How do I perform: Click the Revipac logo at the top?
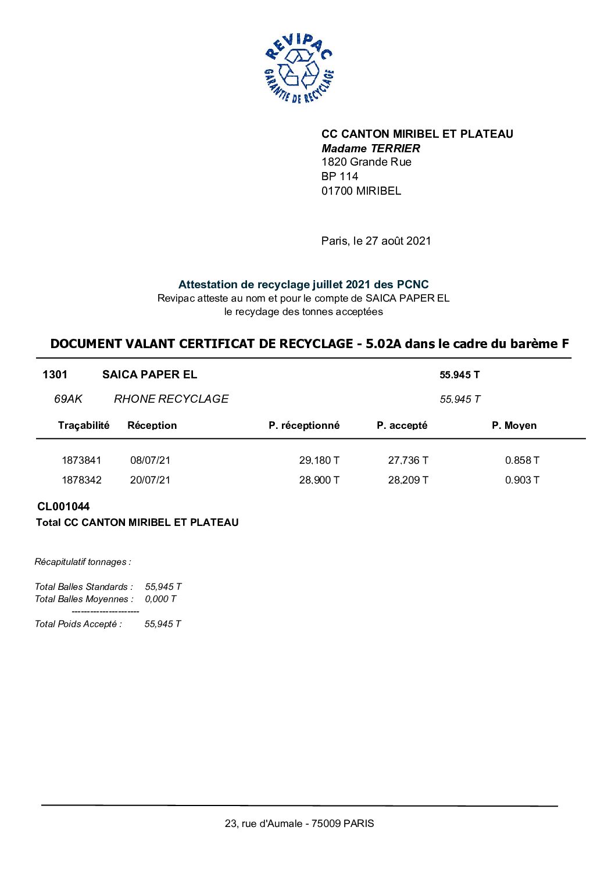[x=299, y=69]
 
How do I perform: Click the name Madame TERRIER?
[x=370, y=148]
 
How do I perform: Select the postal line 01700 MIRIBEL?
[x=361, y=191]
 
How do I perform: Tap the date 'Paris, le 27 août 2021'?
[x=376, y=241]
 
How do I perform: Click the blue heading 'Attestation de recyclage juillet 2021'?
[x=303, y=285]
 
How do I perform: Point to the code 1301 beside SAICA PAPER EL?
[x=55, y=375]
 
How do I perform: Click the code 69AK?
[x=68, y=399]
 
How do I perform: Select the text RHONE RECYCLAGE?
[x=171, y=399]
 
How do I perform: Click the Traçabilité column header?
[x=84, y=425]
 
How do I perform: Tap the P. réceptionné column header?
[x=303, y=425]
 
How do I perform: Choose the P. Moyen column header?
[x=514, y=425]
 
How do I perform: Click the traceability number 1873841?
[x=81, y=460]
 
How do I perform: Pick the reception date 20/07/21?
[x=150, y=480]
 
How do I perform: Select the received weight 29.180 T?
[x=319, y=460]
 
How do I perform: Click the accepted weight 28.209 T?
[x=408, y=480]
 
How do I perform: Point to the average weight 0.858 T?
[x=521, y=460]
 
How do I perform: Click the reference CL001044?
[x=63, y=507]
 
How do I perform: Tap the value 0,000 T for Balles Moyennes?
[x=160, y=599]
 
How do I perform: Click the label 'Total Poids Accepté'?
[x=78, y=624]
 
